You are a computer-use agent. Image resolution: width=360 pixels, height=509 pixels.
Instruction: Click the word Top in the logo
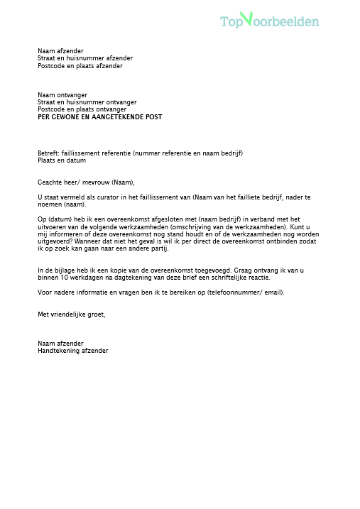[231, 22]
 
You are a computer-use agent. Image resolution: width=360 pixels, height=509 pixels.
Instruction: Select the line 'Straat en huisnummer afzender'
[84, 58]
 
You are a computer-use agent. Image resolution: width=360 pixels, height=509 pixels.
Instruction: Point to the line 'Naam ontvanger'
[61, 94]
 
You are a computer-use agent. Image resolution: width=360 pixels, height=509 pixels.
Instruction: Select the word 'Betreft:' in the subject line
[50, 153]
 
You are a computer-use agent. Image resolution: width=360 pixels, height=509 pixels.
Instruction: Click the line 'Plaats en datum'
[60, 160]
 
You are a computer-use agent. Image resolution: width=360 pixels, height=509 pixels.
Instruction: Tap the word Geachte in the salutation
[50, 182]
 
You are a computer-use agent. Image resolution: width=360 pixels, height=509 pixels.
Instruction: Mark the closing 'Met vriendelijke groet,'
[71, 314]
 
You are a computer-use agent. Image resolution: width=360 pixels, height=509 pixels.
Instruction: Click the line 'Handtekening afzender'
[72, 350]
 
